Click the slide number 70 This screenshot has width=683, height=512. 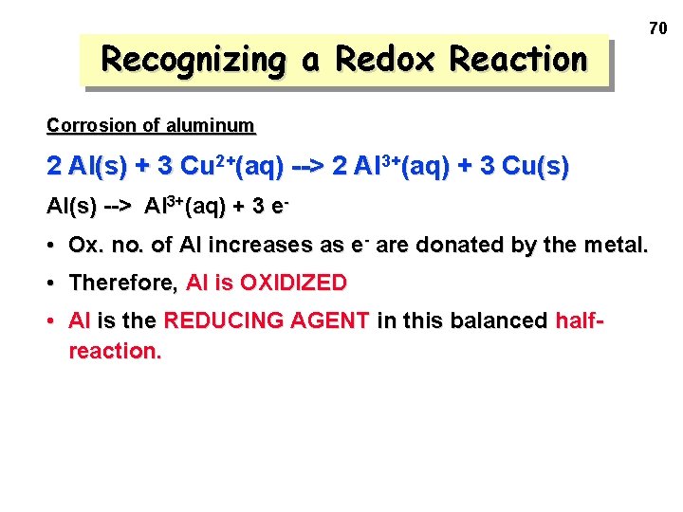(657, 29)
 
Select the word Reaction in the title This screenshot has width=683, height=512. (518, 59)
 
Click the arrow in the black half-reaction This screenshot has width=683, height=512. (118, 206)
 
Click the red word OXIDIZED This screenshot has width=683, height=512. (293, 283)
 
